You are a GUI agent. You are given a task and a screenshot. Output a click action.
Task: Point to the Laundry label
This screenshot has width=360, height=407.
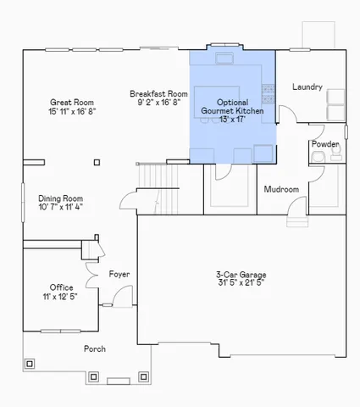tap(307, 86)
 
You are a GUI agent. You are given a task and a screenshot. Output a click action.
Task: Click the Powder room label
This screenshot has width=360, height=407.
tap(325, 144)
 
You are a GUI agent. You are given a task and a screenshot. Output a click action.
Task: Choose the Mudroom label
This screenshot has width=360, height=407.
tap(281, 189)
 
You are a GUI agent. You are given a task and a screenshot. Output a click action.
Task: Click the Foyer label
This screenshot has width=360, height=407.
tap(119, 274)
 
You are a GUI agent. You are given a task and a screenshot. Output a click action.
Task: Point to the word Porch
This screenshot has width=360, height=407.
tap(95, 349)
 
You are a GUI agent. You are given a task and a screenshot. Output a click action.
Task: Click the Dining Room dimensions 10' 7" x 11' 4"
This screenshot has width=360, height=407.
tap(61, 206)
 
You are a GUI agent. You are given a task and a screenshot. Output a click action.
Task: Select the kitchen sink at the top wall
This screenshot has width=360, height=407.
tap(225, 59)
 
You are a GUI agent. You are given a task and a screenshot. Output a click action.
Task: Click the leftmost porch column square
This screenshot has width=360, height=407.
tap(30, 365)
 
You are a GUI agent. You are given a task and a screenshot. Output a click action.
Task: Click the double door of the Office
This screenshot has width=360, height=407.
tap(59, 331)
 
